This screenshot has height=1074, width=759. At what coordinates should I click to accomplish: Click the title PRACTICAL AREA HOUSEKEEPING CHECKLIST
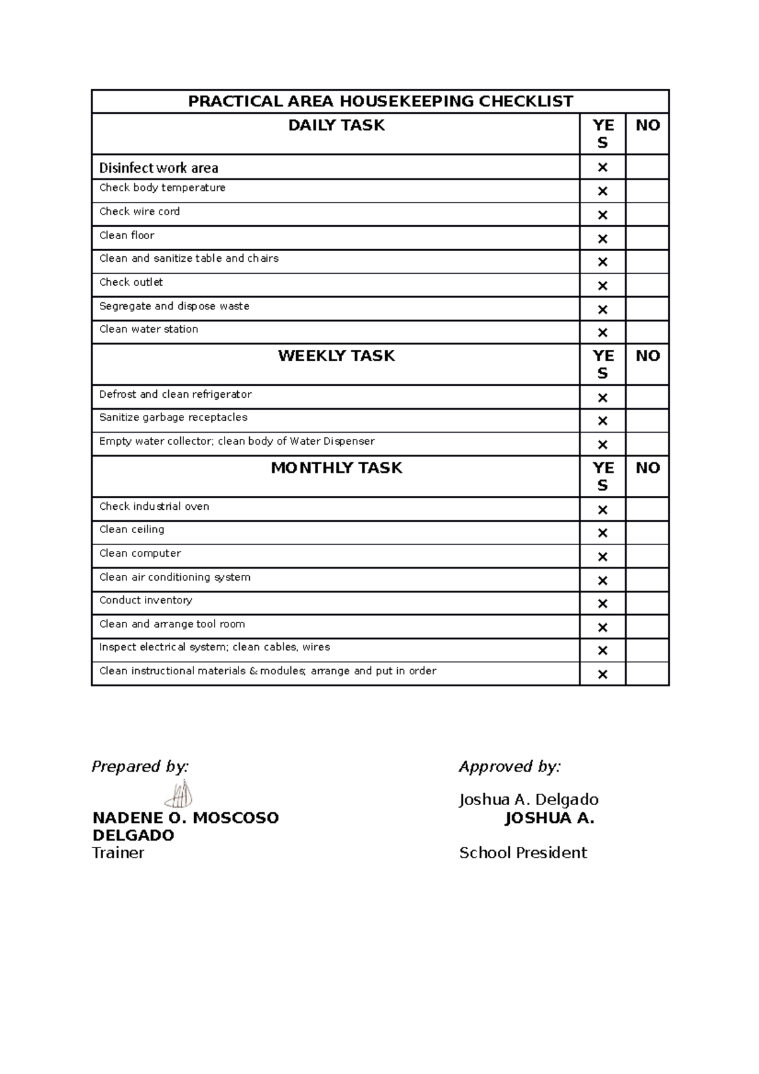click(380, 101)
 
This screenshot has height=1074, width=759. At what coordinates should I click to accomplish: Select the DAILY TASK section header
click(336, 125)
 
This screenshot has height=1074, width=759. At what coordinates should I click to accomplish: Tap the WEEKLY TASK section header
click(336, 355)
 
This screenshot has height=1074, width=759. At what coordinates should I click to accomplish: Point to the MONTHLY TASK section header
click(336, 467)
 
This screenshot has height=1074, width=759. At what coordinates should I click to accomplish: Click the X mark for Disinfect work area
click(602, 168)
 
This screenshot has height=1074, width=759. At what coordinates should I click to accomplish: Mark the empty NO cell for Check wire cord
click(647, 214)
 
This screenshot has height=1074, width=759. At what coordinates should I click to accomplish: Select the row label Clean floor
click(126, 235)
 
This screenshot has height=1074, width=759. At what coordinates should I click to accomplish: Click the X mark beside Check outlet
click(602, 286)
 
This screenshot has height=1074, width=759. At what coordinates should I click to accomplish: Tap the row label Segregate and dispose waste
click(174, 306)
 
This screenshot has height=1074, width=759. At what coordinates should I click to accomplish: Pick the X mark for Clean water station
click(602, 333)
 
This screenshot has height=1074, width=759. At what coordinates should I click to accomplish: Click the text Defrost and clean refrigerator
click(175, 394)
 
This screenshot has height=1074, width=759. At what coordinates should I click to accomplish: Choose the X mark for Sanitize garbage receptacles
click(602, 421)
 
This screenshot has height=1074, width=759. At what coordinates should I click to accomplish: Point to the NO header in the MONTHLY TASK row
click(647, 467)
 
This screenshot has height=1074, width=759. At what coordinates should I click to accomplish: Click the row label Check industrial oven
click(154, 506)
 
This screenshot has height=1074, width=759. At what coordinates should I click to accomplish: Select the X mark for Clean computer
click(602, 557)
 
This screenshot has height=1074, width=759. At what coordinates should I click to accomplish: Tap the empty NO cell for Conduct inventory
click(647, 603)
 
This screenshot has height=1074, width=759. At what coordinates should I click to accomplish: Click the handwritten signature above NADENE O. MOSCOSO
click(179, 794)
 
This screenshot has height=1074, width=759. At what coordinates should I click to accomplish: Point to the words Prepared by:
click(140, 767)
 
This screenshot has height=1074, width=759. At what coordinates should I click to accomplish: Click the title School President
click(522, 853)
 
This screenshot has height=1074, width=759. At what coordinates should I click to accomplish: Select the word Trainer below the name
click(118, 853)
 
